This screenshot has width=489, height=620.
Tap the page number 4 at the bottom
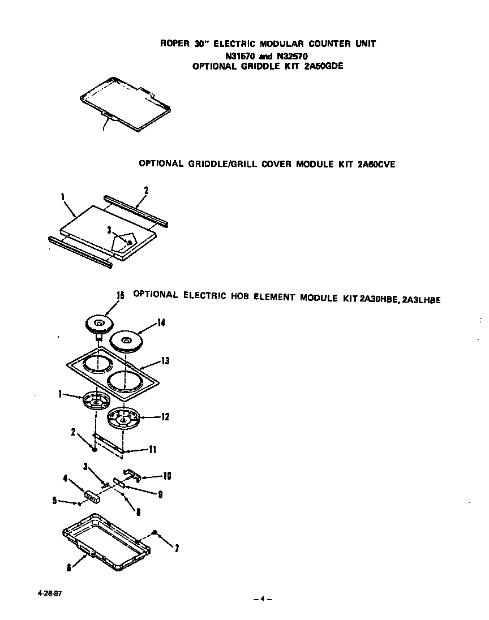pos(263,599)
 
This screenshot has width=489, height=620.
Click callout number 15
pos(120,295)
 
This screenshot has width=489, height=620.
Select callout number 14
pos(161,323)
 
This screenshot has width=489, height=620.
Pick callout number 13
pos(165,361)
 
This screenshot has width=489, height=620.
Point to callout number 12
pos(165,417)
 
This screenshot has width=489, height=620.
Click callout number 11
pos(153,450)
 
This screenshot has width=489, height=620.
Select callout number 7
pos(177,548)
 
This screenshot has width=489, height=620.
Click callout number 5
pos(54,500)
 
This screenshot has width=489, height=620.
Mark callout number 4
pos(65,479)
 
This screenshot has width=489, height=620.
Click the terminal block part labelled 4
pos(92,496)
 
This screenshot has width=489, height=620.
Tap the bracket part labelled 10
pos(132,473)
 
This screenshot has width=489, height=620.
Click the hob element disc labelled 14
pos(126,342)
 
